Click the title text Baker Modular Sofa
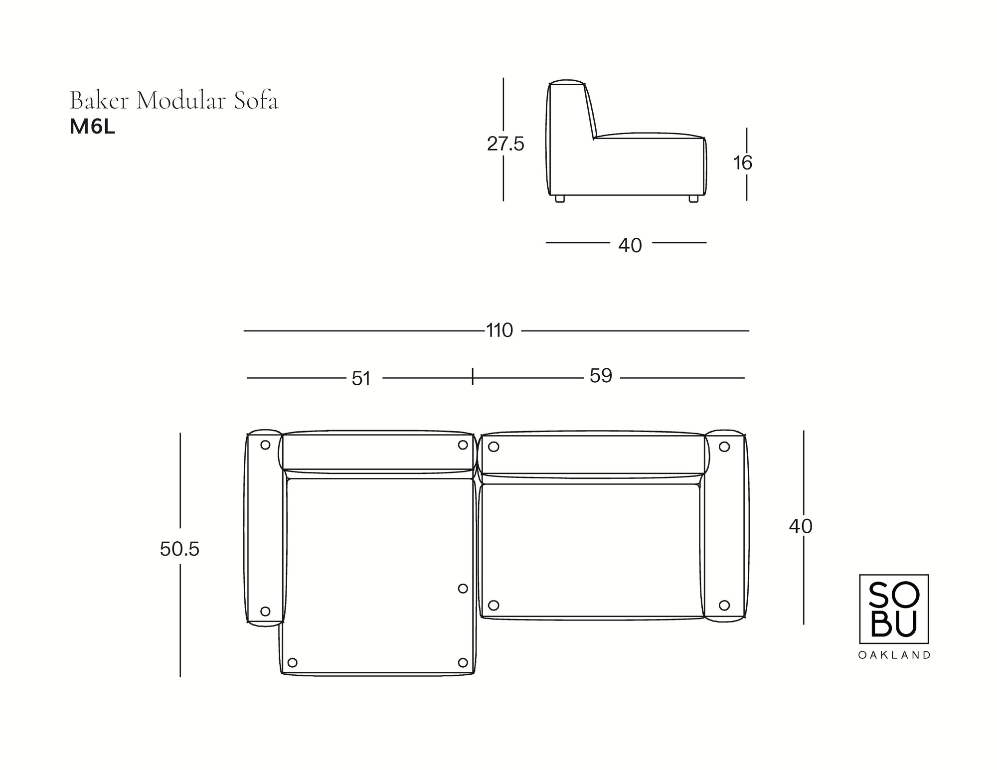point(174,101)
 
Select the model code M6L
point(92,128)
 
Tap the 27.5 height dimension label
point(505,145)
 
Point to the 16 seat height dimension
point(742,163)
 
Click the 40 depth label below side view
point(630,245)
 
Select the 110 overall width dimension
point(499,330)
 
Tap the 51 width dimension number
point(361,379)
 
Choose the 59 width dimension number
point(600,376)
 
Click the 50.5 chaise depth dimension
point(179,549)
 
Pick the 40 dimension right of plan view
point(800,526)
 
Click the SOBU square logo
point(894,609)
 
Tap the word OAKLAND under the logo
point(894,655)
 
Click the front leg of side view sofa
point(693,198)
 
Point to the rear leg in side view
point(560,198)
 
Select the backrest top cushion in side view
point(567,83)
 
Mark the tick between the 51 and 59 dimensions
point(473,376)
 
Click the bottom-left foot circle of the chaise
point(293,662)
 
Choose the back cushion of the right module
point(592,453)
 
